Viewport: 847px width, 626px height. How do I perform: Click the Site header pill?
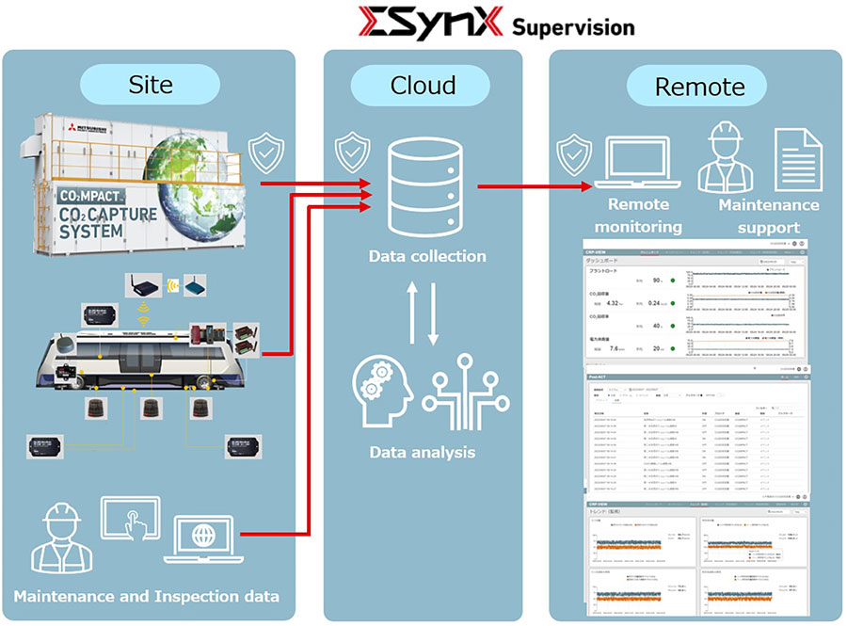pos(151,85)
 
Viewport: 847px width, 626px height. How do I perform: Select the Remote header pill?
pos(699,88)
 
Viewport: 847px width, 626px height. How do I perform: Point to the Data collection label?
pos(427,256)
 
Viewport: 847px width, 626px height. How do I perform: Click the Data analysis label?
pos(423,453)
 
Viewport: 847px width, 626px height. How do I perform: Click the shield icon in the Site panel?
pos(266,152)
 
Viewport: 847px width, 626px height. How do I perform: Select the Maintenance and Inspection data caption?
pos(146,596)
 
